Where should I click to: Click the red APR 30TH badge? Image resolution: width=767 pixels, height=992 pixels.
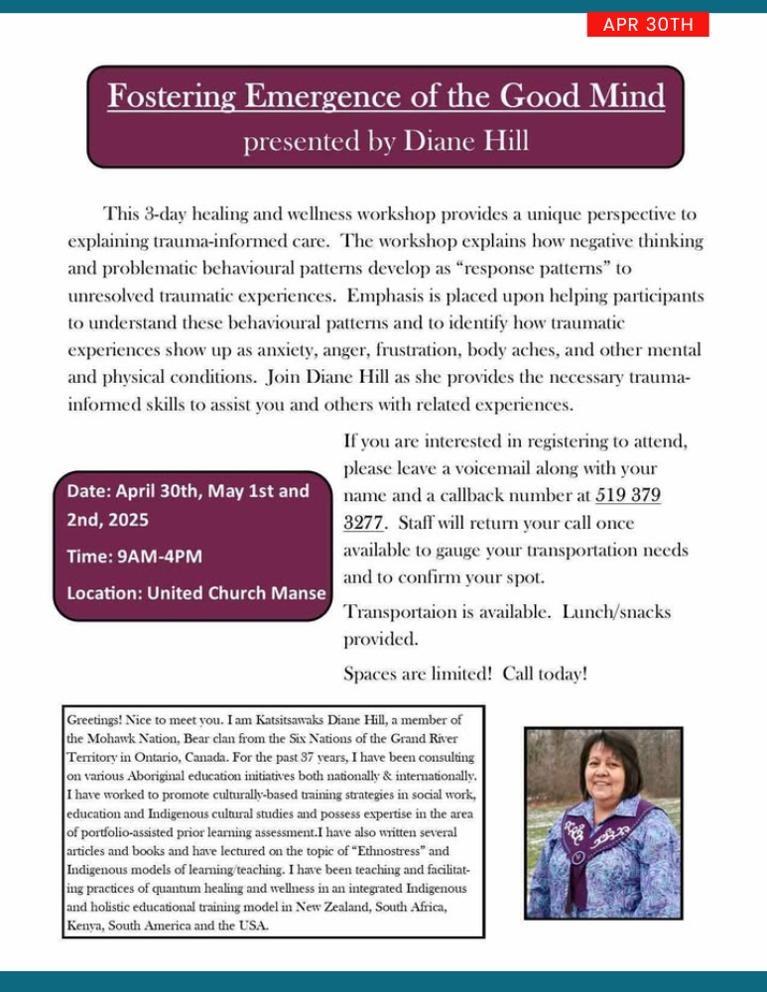(648, 25)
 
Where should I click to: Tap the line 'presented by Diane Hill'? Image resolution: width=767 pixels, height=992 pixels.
(386, 142)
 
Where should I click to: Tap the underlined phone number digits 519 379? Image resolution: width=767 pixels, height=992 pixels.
(628, 494)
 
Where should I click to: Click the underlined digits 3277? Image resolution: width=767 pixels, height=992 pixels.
(363, 522)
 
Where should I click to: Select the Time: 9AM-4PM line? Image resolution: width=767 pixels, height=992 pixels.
(134, 557)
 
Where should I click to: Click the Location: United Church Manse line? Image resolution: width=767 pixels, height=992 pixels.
(195, 593)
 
